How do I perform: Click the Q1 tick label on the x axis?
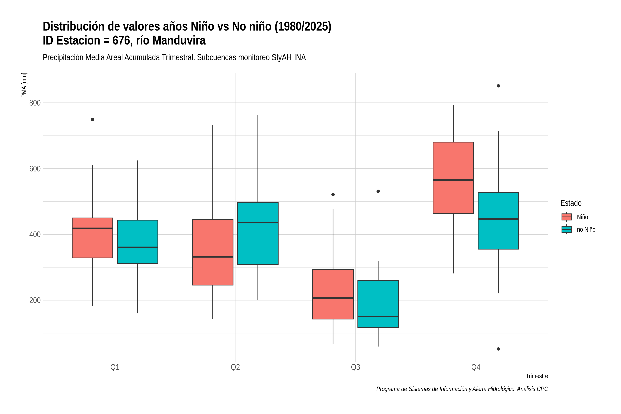(115, 367)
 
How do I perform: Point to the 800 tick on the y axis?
(35, 103)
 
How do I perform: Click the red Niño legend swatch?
(566, 217)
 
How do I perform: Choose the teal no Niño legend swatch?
(566, 229)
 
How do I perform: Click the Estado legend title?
(571, 203)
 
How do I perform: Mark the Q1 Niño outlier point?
(92, 120)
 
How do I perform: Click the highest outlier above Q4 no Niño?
(498, 86)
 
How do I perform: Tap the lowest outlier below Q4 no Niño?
(498, 349)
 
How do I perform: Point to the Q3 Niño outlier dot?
(333, 195)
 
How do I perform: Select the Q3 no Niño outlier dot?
(378, 191)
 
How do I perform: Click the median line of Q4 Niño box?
(453, 180)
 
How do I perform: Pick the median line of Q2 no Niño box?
(258, 223)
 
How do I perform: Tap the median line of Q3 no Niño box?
(378, 316)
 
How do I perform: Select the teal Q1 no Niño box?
(137, 242)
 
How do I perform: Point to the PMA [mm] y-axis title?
(24, 85)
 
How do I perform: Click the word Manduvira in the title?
(179, 40)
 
